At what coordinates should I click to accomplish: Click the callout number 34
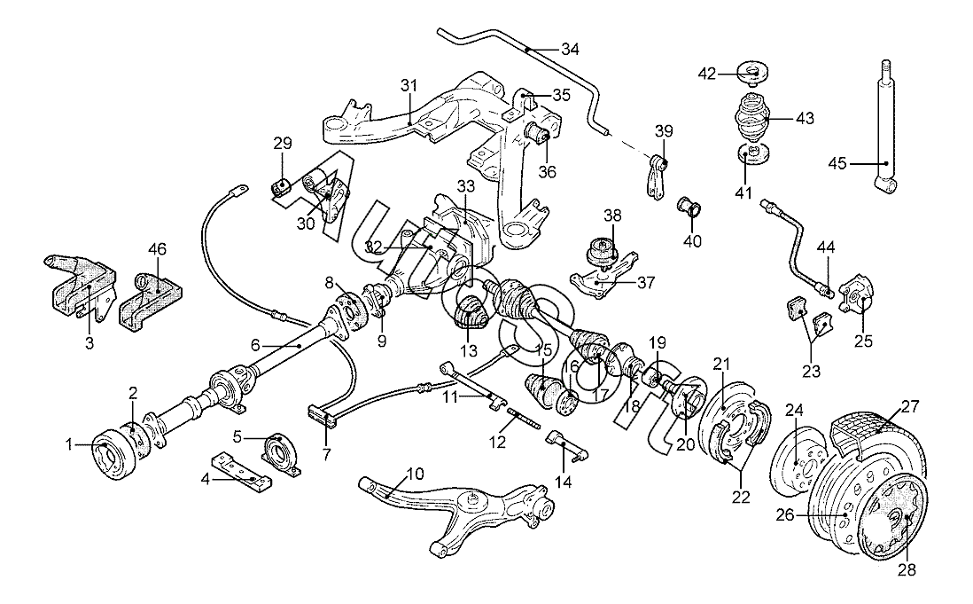[x=570, y=49]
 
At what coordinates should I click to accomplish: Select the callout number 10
[x=415, y=475]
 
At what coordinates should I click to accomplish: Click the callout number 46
[x=157, y=249]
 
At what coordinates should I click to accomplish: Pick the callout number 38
[x=612, y=216]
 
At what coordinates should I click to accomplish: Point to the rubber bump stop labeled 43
[x=751, y=119]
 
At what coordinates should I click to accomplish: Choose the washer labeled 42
[x=751, y=72]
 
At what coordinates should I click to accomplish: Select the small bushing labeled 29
[x=281, y=186]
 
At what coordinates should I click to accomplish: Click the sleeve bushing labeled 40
[x=689, y=206]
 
